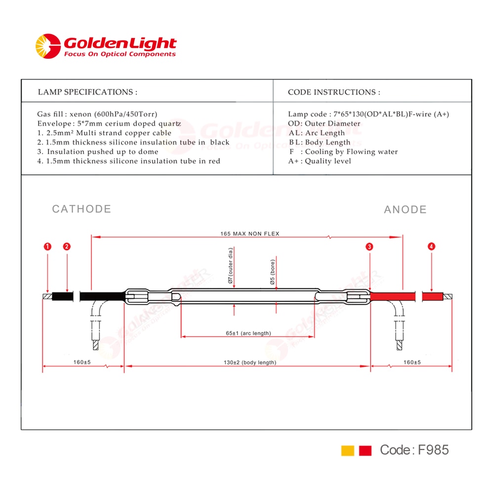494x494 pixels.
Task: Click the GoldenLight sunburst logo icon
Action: pyautogui.click(x=48, y=46)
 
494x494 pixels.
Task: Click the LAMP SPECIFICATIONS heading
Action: pyautogui.click(x=87, y=92)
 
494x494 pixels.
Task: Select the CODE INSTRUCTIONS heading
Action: pyautogui.click(x=334, y=92)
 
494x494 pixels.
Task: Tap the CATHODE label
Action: pyautogui.click(x=82, y=209)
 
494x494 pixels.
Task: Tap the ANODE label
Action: pyautogui.click(x=405, y=209)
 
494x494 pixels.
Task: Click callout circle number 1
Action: pyautogui.click(x=47, y=247)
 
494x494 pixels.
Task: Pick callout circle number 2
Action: pyautogui.click(x=67, y=247)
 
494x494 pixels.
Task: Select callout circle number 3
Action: pyautogui.click(x=369, y=247)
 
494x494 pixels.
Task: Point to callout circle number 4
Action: pyautogui.click(x=431, y=247)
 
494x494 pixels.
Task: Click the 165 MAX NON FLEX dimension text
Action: pyautogui.click(x=250, y=234)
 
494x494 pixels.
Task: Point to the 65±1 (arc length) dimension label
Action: pyautogui.click(x=248, y=333)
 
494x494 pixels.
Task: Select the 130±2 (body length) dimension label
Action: pyautogui.click(x=250, y=363)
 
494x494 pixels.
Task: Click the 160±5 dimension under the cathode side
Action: pyautogui.click(x=82, y=362)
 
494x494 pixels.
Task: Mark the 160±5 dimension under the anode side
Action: pyautogui.click(x=412, y=362)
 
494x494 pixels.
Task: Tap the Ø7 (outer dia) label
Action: pyautogui.click(x=230, y=266)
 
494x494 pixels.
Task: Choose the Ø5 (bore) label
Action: pyautogui.click(x=273, y=272)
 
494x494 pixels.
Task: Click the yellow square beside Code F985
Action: pyautogui.click(x=347, y=451)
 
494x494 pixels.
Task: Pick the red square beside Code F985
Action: pyautogui.click(x=365, y=451)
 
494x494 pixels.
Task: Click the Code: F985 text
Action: pyautogui.click(x=414, y=450)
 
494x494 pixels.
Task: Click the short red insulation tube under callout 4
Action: pyautogui.click(x=433, y=296)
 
